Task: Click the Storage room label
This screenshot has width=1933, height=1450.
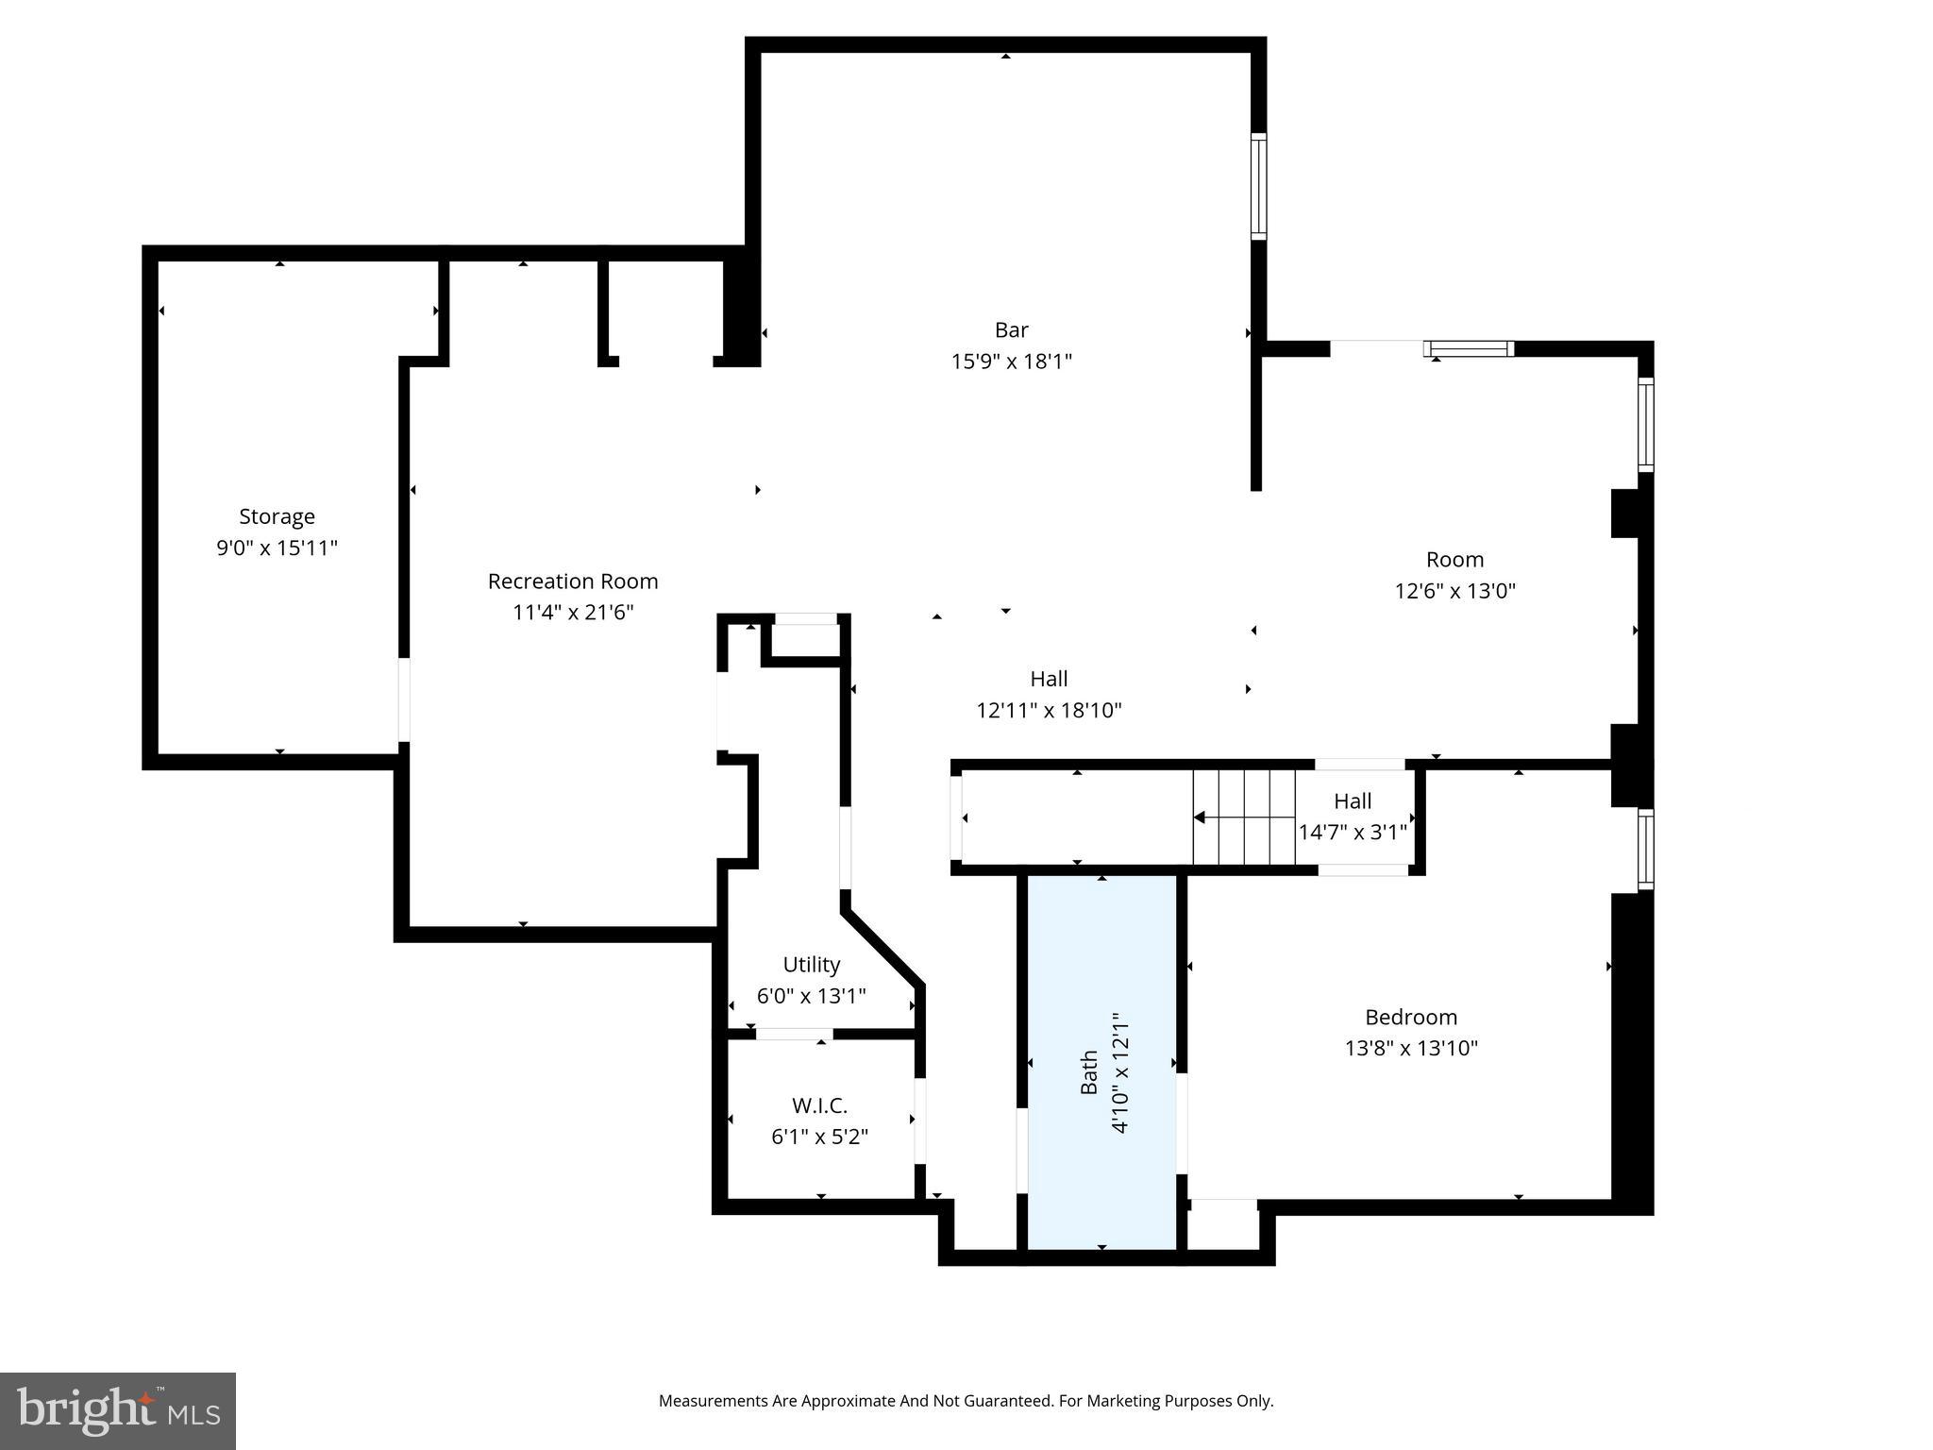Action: point(277,516)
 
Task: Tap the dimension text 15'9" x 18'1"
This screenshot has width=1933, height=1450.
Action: point(1011,362)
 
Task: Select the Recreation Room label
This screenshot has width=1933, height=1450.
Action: point(573,582)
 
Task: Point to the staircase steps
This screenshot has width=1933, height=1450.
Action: point(1244,818)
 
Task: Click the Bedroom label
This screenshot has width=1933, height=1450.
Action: point(1411,1017)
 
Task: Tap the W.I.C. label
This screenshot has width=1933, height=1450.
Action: point(819,1104)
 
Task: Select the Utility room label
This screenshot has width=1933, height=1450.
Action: point(811,965)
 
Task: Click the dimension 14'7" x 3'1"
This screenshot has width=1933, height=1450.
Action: point(1353,833)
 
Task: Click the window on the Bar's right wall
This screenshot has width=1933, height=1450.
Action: point(1258,186)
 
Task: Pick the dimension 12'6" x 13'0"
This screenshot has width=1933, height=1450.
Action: point(1454,591)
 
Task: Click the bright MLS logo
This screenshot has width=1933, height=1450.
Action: point(118,1411)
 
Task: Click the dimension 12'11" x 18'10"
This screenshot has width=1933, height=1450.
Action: point(1049,710)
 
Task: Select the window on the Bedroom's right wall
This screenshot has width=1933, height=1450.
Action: point(1645,849)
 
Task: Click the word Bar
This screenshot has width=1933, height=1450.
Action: point(1011,330)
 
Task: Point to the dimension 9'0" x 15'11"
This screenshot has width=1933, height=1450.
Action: point(277,548)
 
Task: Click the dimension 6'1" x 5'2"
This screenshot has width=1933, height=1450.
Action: point(819,1137)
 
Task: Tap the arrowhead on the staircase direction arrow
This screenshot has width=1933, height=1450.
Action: point(1200,818)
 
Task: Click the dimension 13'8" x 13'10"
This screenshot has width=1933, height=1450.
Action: point(1411,1048)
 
